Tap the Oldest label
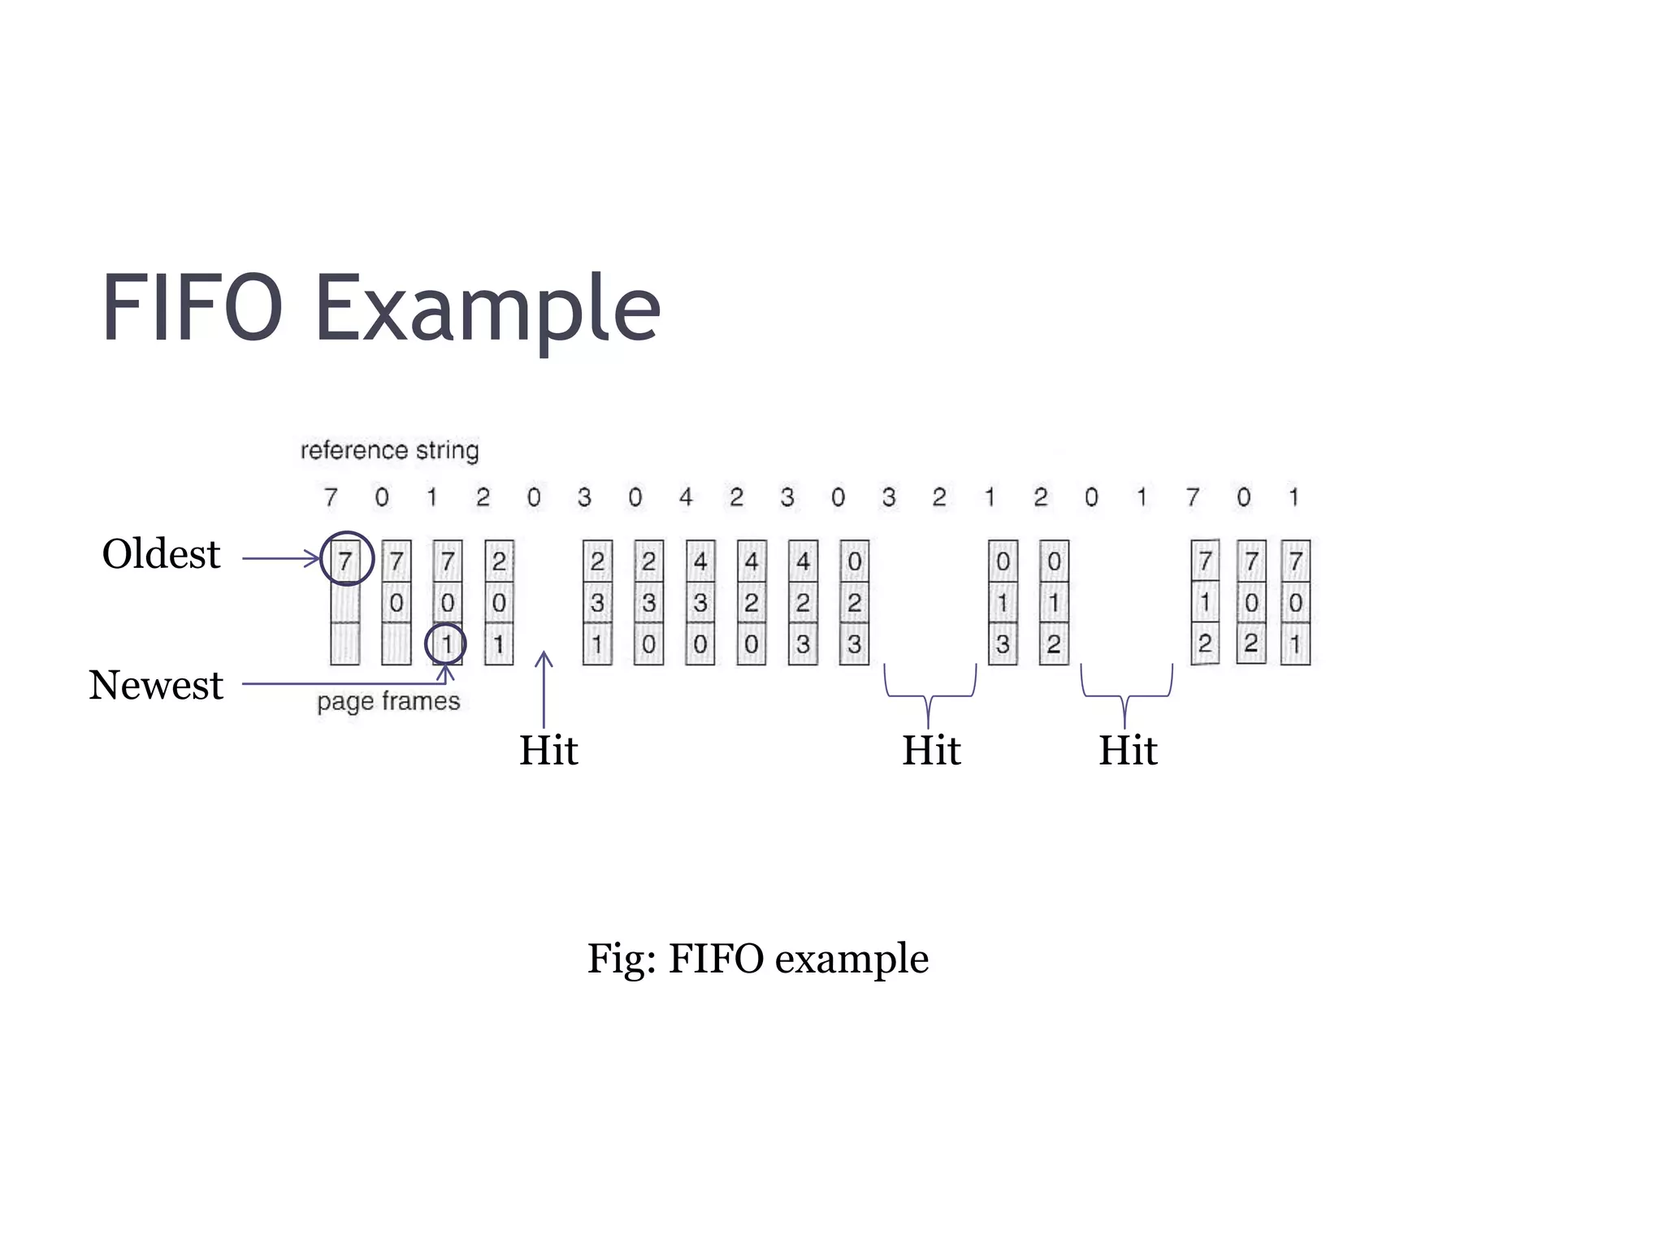[161, 555]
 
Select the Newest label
[156, 685]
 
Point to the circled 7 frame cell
[346, 560]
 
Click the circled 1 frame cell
[446, 644]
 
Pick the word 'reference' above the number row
[354, 450]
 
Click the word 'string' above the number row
[447, 450]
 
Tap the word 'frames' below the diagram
[421, 701]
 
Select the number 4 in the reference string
[686, 496]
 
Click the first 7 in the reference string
[331, 496]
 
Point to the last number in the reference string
[1293, 496]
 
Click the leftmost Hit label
[548, 750]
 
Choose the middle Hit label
[931, 750]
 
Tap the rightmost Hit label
[1128, 750]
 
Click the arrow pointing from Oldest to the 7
[280, 558]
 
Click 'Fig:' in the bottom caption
[622, 959]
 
